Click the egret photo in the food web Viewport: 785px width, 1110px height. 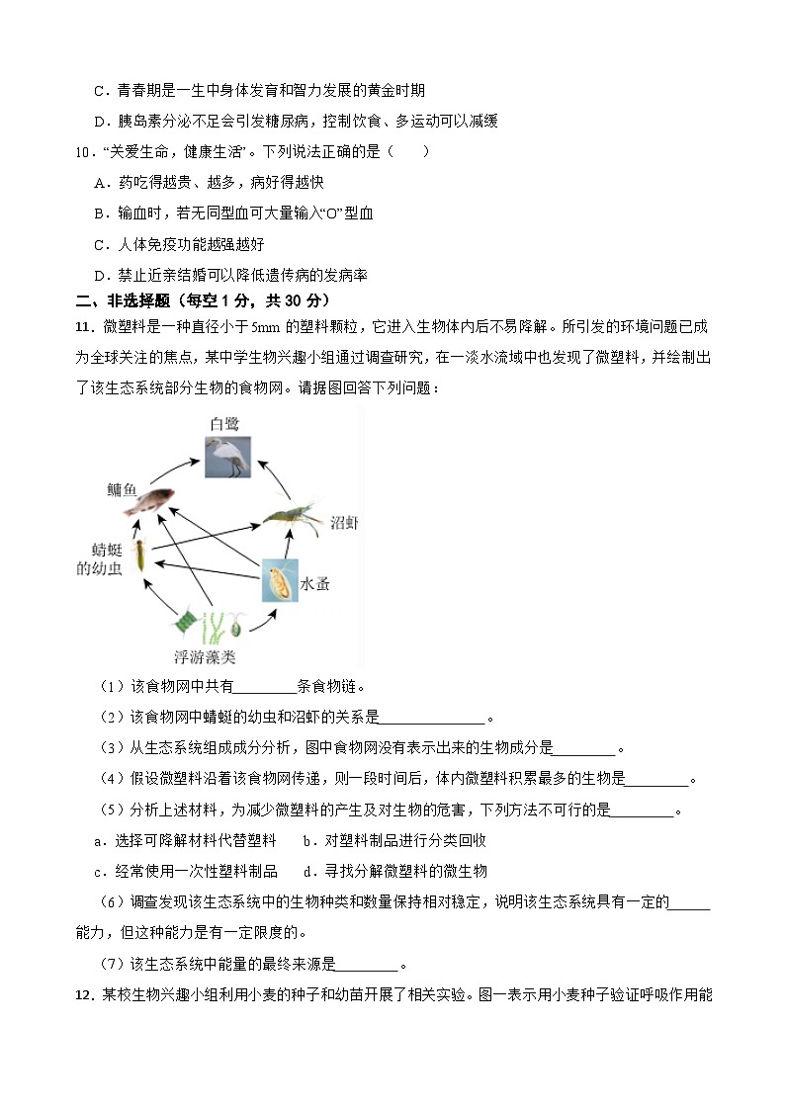click(227, 457)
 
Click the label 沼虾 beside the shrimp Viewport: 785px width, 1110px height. click(343, 523)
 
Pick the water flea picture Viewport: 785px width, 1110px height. click(279, 580)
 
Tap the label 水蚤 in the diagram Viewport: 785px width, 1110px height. click(315, 584)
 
